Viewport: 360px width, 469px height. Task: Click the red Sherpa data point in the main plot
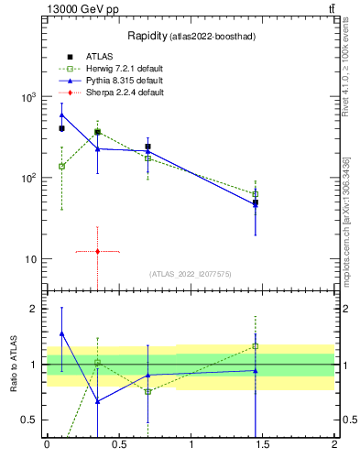[x=97, y=251]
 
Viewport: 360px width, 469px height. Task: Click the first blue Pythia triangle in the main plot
[x=61, y=115]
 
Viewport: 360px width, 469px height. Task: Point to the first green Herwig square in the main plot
[x=61, y=167]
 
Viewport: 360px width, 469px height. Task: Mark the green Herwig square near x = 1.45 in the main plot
[x=256, y=194]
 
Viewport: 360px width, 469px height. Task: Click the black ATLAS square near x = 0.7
[x=147, y=147]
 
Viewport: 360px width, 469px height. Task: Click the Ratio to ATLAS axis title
[x=13, y=364]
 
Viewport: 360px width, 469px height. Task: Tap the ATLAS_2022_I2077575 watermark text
[x=190, y=273]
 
